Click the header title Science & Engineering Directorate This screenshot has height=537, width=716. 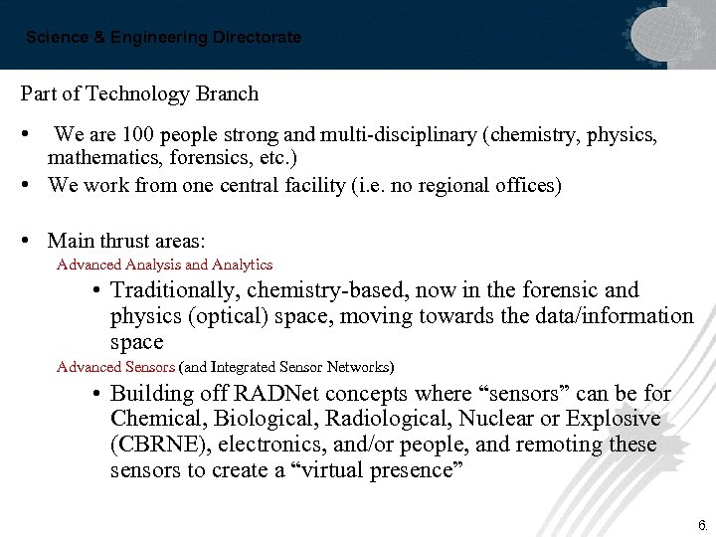(163, 38)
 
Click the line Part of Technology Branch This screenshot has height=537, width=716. (139, 94)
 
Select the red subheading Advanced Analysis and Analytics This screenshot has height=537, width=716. (165, 265)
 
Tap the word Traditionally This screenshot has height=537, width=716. (174, 290)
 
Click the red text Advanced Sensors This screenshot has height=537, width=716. (115, 367)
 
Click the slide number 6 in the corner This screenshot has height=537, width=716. (701, 524)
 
